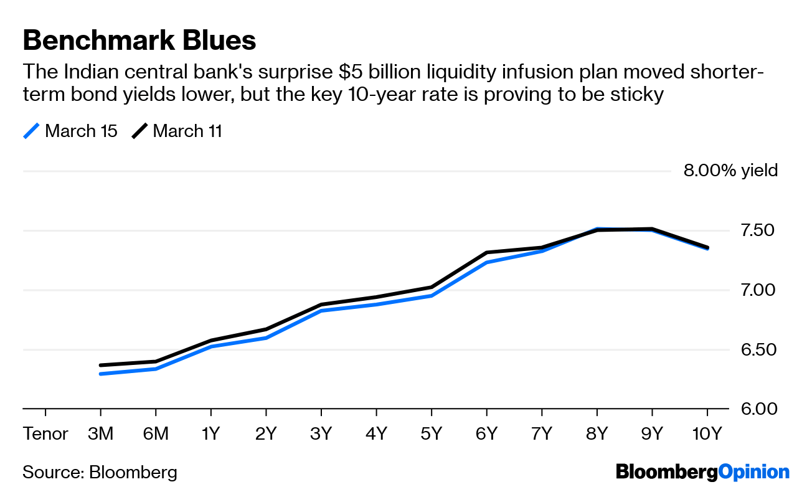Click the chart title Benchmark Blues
[139, 40]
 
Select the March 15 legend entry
[70, 131]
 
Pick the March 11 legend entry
[177, 131]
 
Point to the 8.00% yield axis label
[730, 171]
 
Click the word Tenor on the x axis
[45, 434]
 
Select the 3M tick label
[100, 434]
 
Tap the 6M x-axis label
[156, 434]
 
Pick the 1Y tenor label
[211, 434]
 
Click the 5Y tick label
[432, 434]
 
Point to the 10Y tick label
[707, 434]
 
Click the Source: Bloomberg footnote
[100, 472]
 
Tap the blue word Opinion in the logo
[753, 472]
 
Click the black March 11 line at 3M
[101, 366]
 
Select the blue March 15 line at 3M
[101, 374]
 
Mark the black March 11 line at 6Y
[486, 253]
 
